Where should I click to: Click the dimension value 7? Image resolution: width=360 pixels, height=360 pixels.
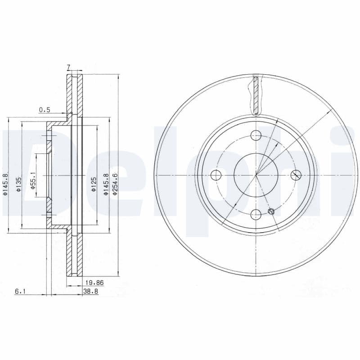pyautogui.click(x=68, y=67)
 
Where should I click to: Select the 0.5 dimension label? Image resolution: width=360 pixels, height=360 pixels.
pyautogui.click(x=45, y=110)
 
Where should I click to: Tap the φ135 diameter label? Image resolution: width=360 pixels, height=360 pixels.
pyautogui.click(x=19, y=184)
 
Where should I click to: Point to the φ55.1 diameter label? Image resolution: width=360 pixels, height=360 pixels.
pyautogui.click(x=33, y=180)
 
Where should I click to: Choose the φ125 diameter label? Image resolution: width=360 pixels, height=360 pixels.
pyautogui.click(x=93, y=184)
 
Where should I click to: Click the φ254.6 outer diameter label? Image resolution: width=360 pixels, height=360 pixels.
pyautogui.click(x=115, y=184)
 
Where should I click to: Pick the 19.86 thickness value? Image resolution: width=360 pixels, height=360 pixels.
pyautogui.click(x=94, y=283)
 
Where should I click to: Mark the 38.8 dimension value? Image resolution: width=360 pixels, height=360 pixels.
pyautogui.click(x=91, y=291)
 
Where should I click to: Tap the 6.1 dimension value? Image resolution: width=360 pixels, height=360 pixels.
pyautogui.click(x=20, y=291)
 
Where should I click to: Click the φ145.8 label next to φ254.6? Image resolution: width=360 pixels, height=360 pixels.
pyautogui.click(x=106, y=184)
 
